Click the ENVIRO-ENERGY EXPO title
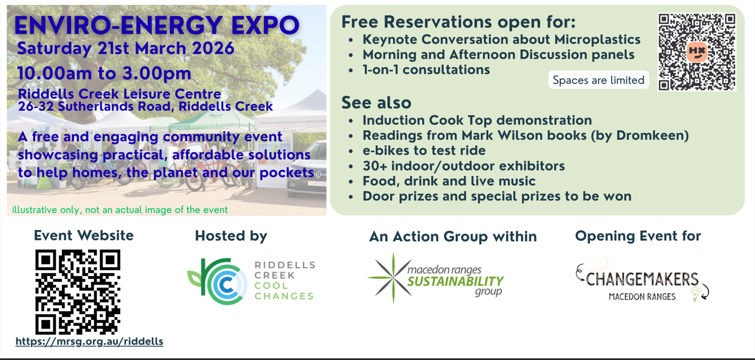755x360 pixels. (157, 26)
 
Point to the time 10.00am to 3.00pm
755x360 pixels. (104, 73)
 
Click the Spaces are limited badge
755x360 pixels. (599, 80)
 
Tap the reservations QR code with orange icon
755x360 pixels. (697, 52)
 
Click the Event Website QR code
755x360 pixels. (78, 292)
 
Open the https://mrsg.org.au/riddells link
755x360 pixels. (89, 342)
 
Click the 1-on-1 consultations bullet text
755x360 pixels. (426, 70)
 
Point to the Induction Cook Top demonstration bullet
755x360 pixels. (477, 121)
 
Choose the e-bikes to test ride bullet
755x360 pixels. (424, 150)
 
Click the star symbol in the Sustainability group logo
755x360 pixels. (393, 278)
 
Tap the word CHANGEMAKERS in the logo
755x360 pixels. (642, 280)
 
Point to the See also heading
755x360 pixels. (376, 103)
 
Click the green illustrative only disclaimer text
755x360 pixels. (120, 210)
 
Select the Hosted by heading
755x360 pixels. (231, 236)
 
